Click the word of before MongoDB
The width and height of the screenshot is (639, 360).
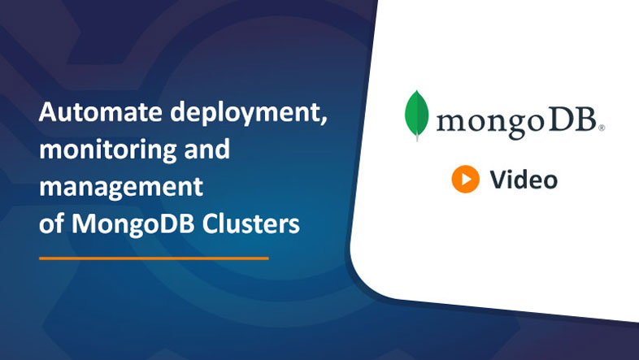point(52,223)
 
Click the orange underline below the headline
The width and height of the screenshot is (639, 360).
point(154,258)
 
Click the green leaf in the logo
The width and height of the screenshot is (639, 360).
point(417,115)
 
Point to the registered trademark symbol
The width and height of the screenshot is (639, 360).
point(601,128)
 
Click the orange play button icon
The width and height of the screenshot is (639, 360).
point(465,180)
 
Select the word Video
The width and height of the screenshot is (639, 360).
point(524,180)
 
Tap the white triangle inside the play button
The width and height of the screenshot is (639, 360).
point(466,180)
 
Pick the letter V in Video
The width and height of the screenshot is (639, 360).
point(497,180)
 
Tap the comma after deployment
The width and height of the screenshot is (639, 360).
point(323,122)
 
